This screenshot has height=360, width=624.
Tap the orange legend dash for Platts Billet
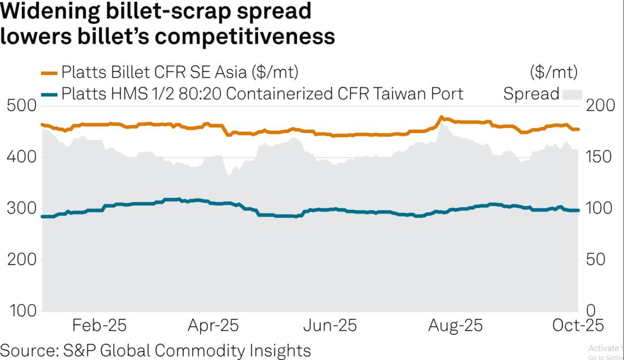(49, 71)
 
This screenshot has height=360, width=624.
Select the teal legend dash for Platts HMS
(49, 94)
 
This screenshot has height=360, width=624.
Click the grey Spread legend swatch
(571, 94)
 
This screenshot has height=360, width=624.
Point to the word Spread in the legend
(530, 94)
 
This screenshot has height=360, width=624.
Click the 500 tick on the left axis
(21, 106)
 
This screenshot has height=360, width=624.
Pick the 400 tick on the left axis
(21, 157)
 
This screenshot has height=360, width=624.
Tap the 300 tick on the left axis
(21, 209)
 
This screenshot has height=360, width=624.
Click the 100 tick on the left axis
(21, 311)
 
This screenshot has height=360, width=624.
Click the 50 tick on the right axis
(599, 260)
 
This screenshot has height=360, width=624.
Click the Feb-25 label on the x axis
(99, 326)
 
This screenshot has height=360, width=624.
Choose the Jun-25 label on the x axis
(330, 326)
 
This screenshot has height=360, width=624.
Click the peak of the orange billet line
(441, 118)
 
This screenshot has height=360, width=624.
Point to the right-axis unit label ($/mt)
(553, 71)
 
